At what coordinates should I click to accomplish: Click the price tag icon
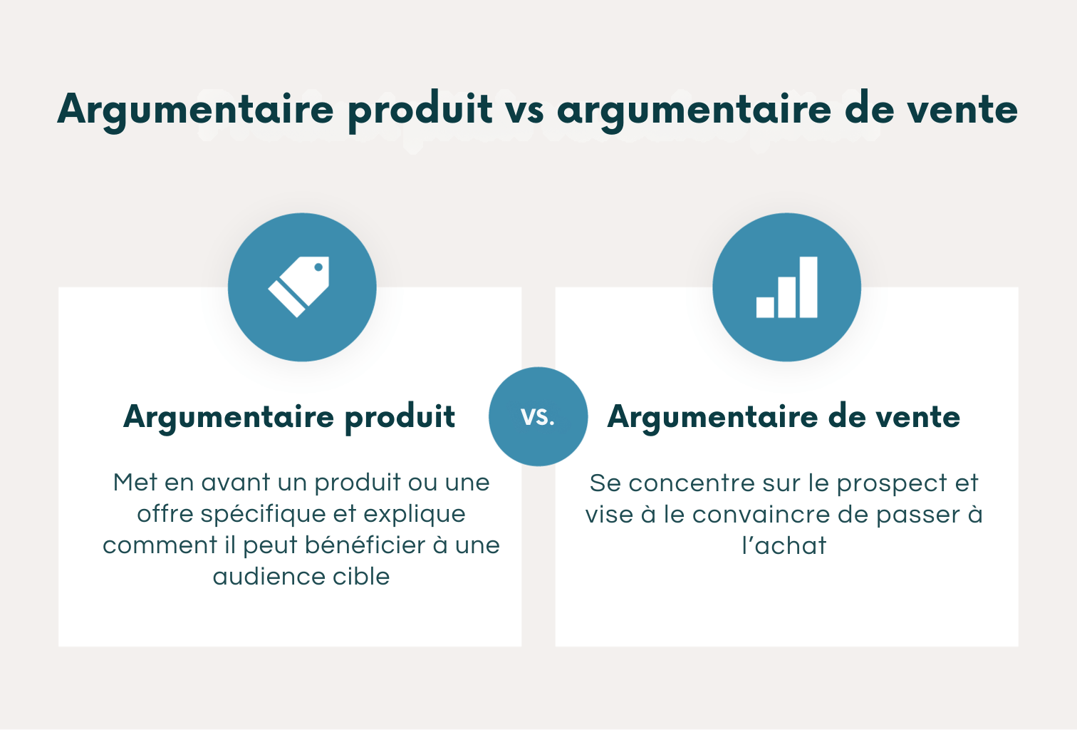[299, 287]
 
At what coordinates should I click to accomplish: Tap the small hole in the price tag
[318, 268]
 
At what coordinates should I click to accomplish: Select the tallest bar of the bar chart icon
[808, 287]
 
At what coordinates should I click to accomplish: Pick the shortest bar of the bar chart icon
[765, 307]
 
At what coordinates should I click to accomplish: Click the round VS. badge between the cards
[538, 417]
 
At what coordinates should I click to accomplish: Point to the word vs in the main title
[525, 110]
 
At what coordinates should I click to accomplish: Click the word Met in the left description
[135, 483]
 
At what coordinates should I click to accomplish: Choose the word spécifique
[263, 514]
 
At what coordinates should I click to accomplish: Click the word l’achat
[784, 546]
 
